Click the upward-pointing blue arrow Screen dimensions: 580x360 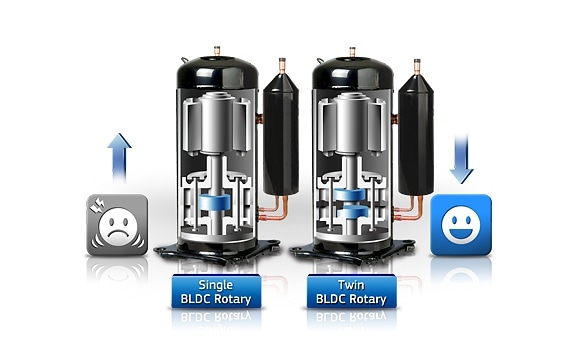119,157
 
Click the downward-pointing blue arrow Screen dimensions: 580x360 461,159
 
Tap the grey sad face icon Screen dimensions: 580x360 117,225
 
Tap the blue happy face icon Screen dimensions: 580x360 461,225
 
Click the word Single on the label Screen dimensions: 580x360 216,285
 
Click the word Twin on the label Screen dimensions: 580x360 351,285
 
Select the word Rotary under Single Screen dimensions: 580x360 233,299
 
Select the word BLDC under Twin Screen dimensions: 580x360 331,299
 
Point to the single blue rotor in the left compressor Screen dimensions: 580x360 214,202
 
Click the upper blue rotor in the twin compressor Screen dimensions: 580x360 350,194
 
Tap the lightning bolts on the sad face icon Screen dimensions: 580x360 98,205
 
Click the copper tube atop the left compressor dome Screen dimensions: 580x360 217,51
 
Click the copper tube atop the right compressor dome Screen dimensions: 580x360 352,52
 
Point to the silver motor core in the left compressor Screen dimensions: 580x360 216,123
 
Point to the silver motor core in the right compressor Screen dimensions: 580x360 352,123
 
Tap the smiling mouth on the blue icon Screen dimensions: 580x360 461,233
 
